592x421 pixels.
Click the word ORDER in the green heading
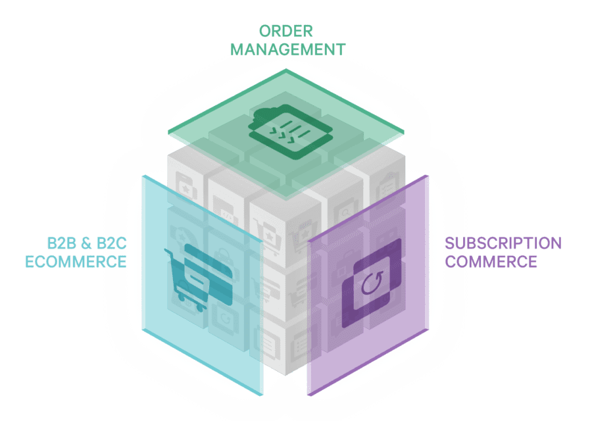(x=286, y=32)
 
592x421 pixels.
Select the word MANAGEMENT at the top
(x=288, y=50)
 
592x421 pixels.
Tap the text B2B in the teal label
(x=62, y=243)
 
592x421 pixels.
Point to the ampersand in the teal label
(x=86, y=243)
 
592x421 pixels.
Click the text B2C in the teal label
(x=111, y=243)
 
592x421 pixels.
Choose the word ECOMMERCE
(x=76, y=262)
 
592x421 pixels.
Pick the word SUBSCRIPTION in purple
(x=503, y=243)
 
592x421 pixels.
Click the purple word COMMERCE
(x=491, y=262)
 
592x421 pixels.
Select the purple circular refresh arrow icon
(x=372, y=283)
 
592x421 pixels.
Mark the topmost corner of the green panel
(x=286, y=69)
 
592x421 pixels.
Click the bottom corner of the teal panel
(x=260, y=395)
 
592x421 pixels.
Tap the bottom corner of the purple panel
(x=309, y=395)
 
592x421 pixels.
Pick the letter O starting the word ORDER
(x=265, y=32)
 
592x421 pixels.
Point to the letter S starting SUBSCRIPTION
(x=450, y=243)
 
